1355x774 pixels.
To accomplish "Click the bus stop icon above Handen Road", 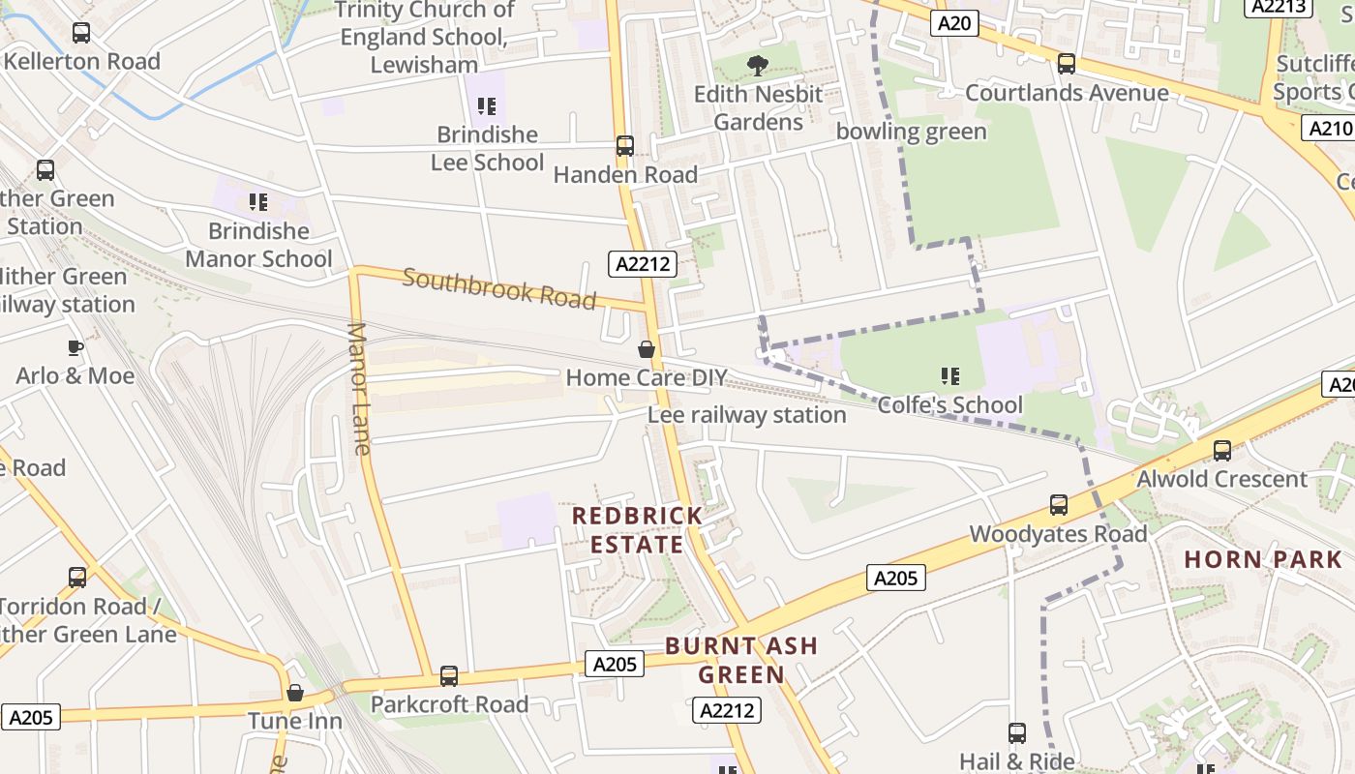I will click(625, 146).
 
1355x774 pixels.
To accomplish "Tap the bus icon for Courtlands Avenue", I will click(1067, 64).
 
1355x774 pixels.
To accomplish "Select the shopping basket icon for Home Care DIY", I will click(647, 348).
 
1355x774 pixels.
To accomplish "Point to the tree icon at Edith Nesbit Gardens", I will click(758, 66).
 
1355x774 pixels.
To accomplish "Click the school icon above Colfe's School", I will click(949, 375).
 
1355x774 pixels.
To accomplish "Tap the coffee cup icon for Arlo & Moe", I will click(75, 346).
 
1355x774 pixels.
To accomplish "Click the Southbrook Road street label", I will click(498, 288).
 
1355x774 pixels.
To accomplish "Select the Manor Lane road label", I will click(358, 388).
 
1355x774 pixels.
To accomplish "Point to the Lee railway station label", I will click(746, 415).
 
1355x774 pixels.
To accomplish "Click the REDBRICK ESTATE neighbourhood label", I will click(637, 529).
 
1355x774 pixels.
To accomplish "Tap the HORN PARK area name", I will click(1263, 559).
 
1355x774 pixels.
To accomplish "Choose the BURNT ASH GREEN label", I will click(741, 660).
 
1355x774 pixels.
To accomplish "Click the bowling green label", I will click(911, 132).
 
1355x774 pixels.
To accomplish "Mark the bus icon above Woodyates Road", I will click(1059, 505).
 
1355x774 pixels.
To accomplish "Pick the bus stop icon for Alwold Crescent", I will click(1222, 451).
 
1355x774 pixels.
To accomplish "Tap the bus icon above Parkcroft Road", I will click(449, 675).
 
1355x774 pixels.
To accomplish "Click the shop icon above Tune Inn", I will click(295, 693).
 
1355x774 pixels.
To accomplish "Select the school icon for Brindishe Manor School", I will click(257, 202).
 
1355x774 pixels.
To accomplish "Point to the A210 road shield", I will click(1329, 130).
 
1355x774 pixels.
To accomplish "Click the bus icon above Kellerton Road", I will click(81, 33).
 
